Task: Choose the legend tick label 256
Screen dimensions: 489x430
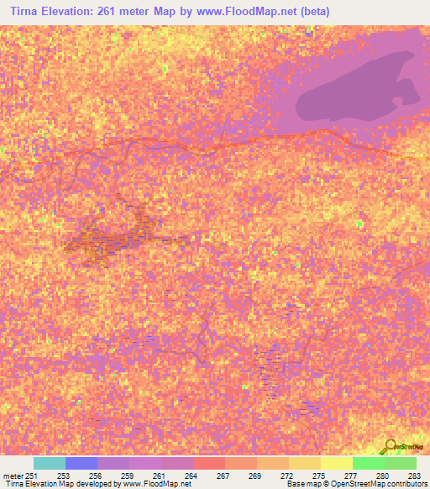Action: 97,476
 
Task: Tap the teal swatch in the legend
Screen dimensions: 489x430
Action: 50,463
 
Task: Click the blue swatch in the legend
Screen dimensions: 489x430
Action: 81,463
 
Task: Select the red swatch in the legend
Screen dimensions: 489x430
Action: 209,463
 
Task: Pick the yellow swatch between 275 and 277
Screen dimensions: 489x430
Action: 337,463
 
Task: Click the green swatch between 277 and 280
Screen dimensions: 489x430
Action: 369,463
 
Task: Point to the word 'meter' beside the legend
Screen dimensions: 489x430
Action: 13,476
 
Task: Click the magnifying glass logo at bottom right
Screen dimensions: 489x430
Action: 390,445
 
